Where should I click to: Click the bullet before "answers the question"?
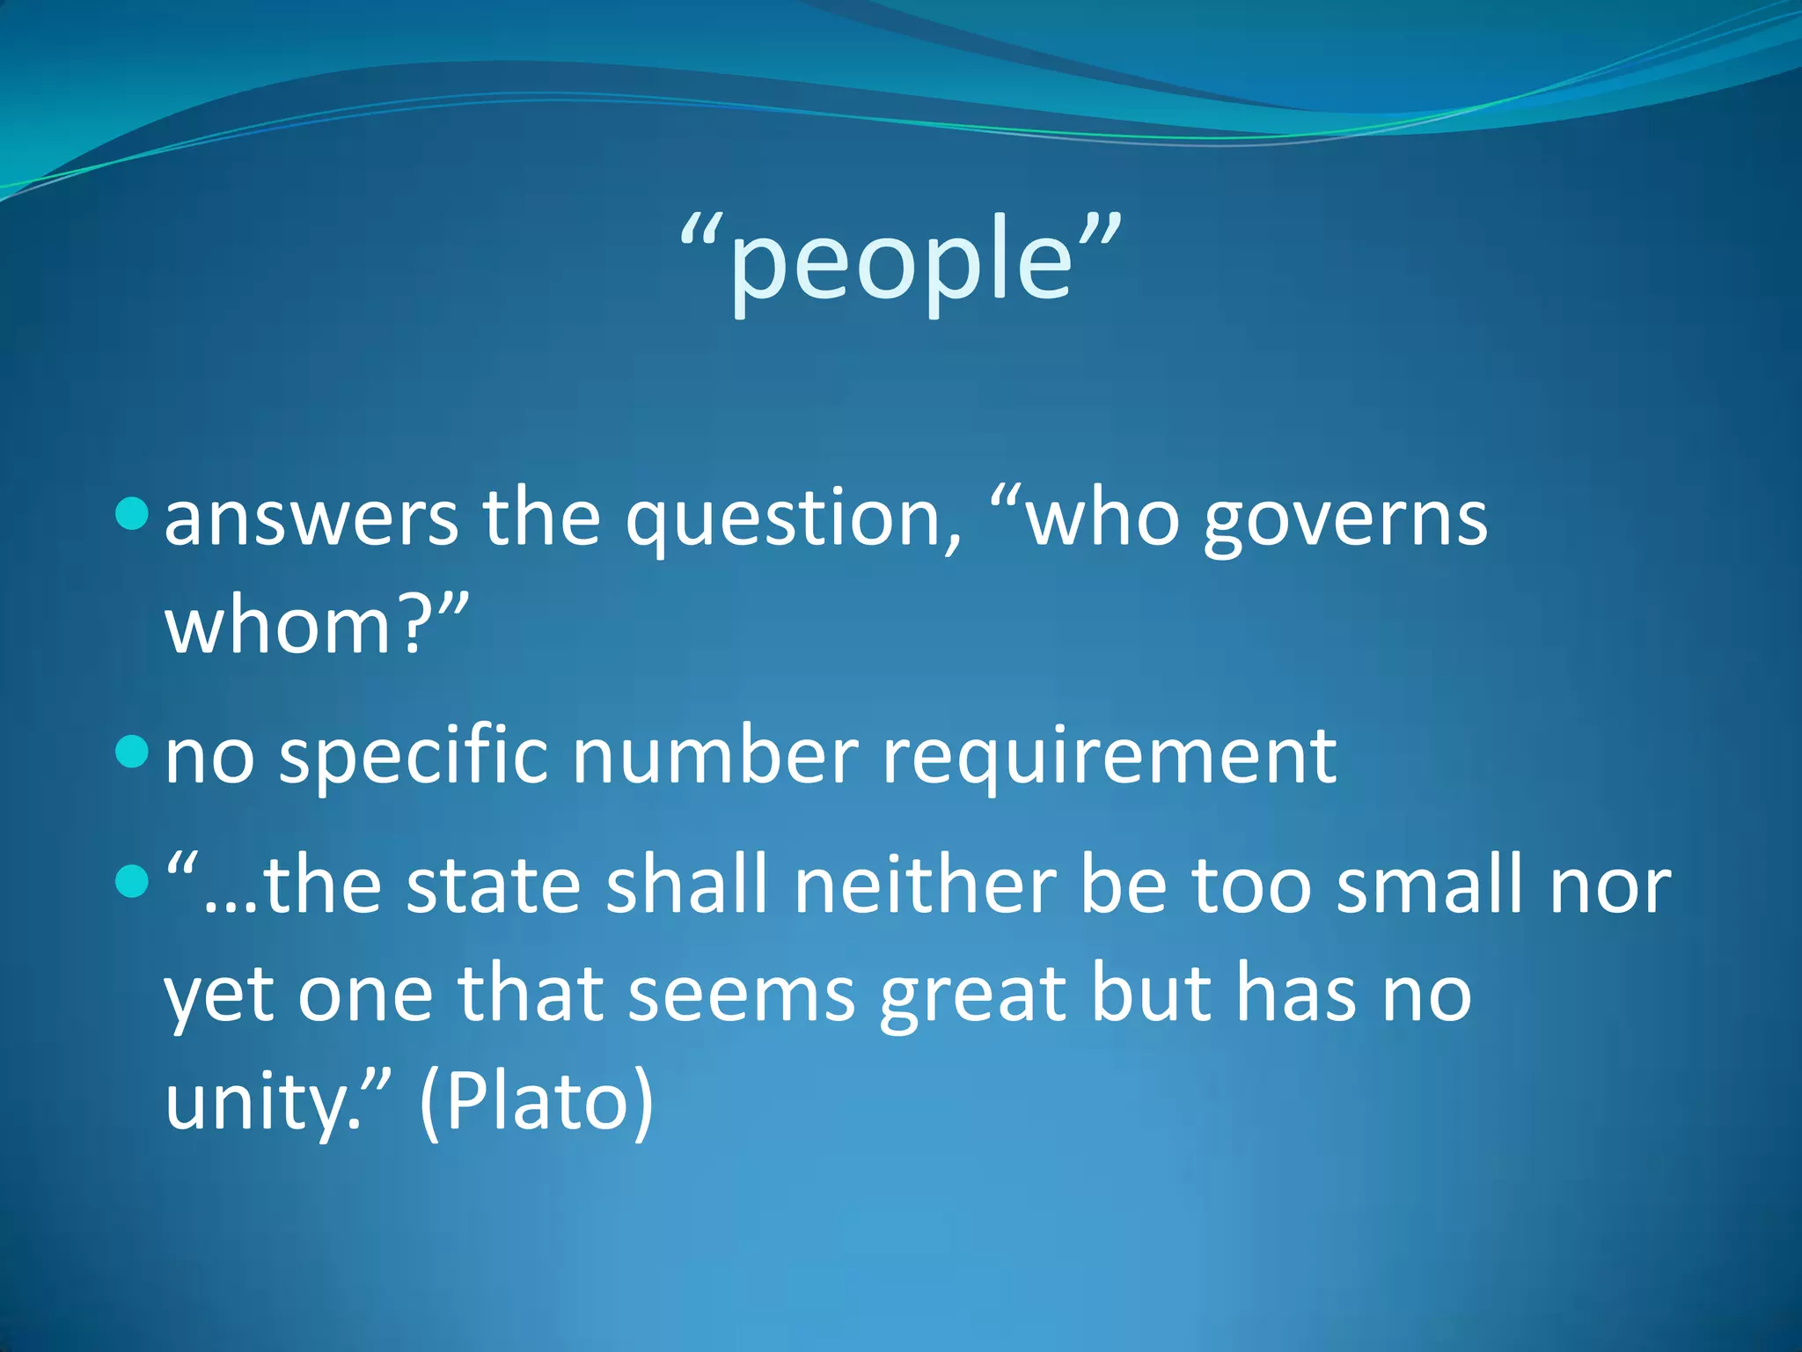click(132, 513)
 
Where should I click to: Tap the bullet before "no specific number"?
click(132, 751)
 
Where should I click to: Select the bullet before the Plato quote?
click(132, 880)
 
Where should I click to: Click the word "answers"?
click(311, 519)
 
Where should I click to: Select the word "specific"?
click(414, 757)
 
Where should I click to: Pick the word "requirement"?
click(1109, 757)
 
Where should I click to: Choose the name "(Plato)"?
click(537, 1102)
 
